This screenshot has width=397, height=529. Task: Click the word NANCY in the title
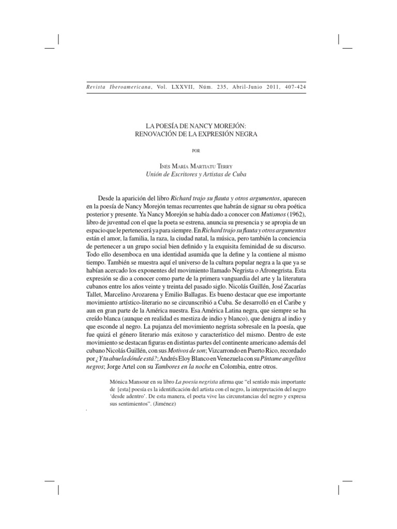point(208,126)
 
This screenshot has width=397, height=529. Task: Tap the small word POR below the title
point(198,151)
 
